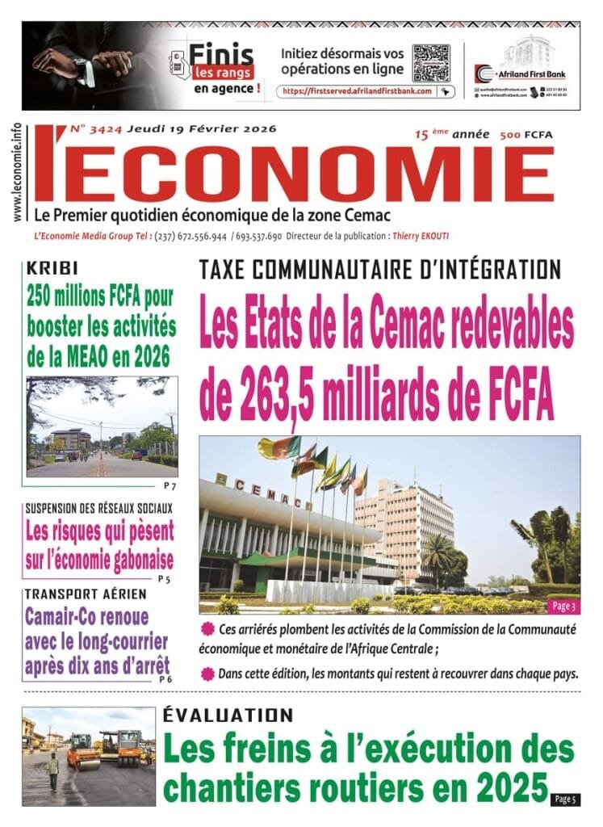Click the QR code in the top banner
click(x=430, y=62)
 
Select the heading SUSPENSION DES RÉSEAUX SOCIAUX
click(x=99, y=509)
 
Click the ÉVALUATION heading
click(x=228, y=715)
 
